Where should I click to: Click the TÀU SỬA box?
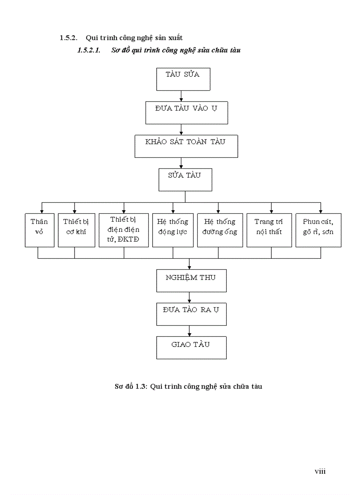[x=183, y=79]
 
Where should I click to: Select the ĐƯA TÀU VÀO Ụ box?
[x=187, y=113]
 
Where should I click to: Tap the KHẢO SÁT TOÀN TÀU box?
[x=186, y=146]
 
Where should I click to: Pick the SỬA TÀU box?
[x=185, y=180]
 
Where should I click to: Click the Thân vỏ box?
[x=40, y=230]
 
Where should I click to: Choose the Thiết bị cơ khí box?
[x=76, y=230]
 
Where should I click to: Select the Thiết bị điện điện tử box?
[x=124, y=230]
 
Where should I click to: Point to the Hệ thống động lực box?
[x=173, y=230]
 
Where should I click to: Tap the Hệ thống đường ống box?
[x=220, y=230]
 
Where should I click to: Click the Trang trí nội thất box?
[x=269, y=230]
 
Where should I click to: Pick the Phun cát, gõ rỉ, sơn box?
[x=319, y=230]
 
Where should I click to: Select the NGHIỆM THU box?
[x=191, y=281]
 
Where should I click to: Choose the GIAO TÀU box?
[x=191, y=348]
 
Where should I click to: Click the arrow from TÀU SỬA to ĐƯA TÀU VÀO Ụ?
[x=181, y=96]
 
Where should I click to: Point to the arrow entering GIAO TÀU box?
[x=189, y=331]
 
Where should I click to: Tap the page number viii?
[x=320, y=471]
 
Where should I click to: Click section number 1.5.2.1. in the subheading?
[x=89, y=50]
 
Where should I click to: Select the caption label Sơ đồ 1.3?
[x=130, y=387]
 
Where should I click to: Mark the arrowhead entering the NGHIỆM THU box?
[x=189, y=267]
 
